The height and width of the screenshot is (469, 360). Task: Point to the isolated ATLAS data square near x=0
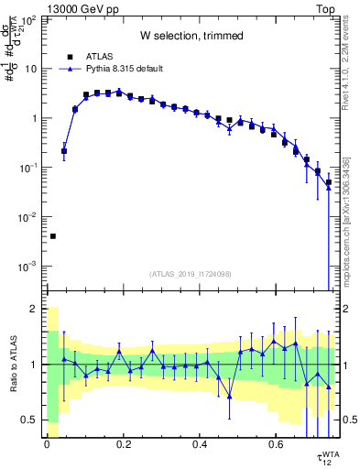point(53,236)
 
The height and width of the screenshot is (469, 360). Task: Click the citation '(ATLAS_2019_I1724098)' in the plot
point(191,273)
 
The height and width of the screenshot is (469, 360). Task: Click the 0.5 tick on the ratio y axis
point(31,420)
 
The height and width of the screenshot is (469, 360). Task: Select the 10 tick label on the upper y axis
point(32,69)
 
